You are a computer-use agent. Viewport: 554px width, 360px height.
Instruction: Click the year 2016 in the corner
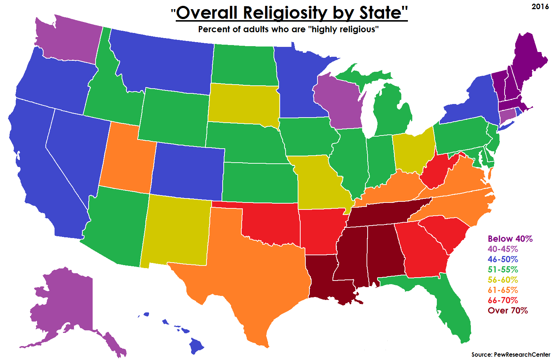(540, 7)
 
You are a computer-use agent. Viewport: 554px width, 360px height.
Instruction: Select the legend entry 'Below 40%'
(510, 239)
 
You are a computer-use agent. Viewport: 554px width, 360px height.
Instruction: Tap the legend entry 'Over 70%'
(507, 311)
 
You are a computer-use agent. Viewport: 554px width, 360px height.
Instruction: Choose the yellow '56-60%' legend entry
(502, 280)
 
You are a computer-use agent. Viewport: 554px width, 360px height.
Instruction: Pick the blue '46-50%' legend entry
(502, 259)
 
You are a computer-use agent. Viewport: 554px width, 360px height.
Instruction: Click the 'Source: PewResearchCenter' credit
(510, 355)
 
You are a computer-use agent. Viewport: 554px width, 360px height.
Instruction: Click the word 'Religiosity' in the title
(286, 13)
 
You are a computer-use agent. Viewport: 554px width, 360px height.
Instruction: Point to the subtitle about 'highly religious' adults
(288, 29)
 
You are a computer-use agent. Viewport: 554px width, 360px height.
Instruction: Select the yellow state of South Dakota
(243, 104)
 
